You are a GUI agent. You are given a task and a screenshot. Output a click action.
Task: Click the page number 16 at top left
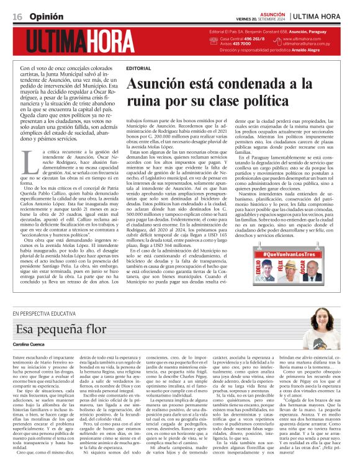click(x=17, y=15)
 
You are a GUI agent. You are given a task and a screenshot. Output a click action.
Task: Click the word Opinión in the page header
click(x=45, y=15)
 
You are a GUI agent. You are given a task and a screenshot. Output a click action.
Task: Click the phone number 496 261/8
click(x=251, y=38)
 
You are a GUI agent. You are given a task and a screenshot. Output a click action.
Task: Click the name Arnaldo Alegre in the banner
click(x=320, y=49)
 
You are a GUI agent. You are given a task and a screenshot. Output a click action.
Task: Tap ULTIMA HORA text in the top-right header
click(x=326, y=16)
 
